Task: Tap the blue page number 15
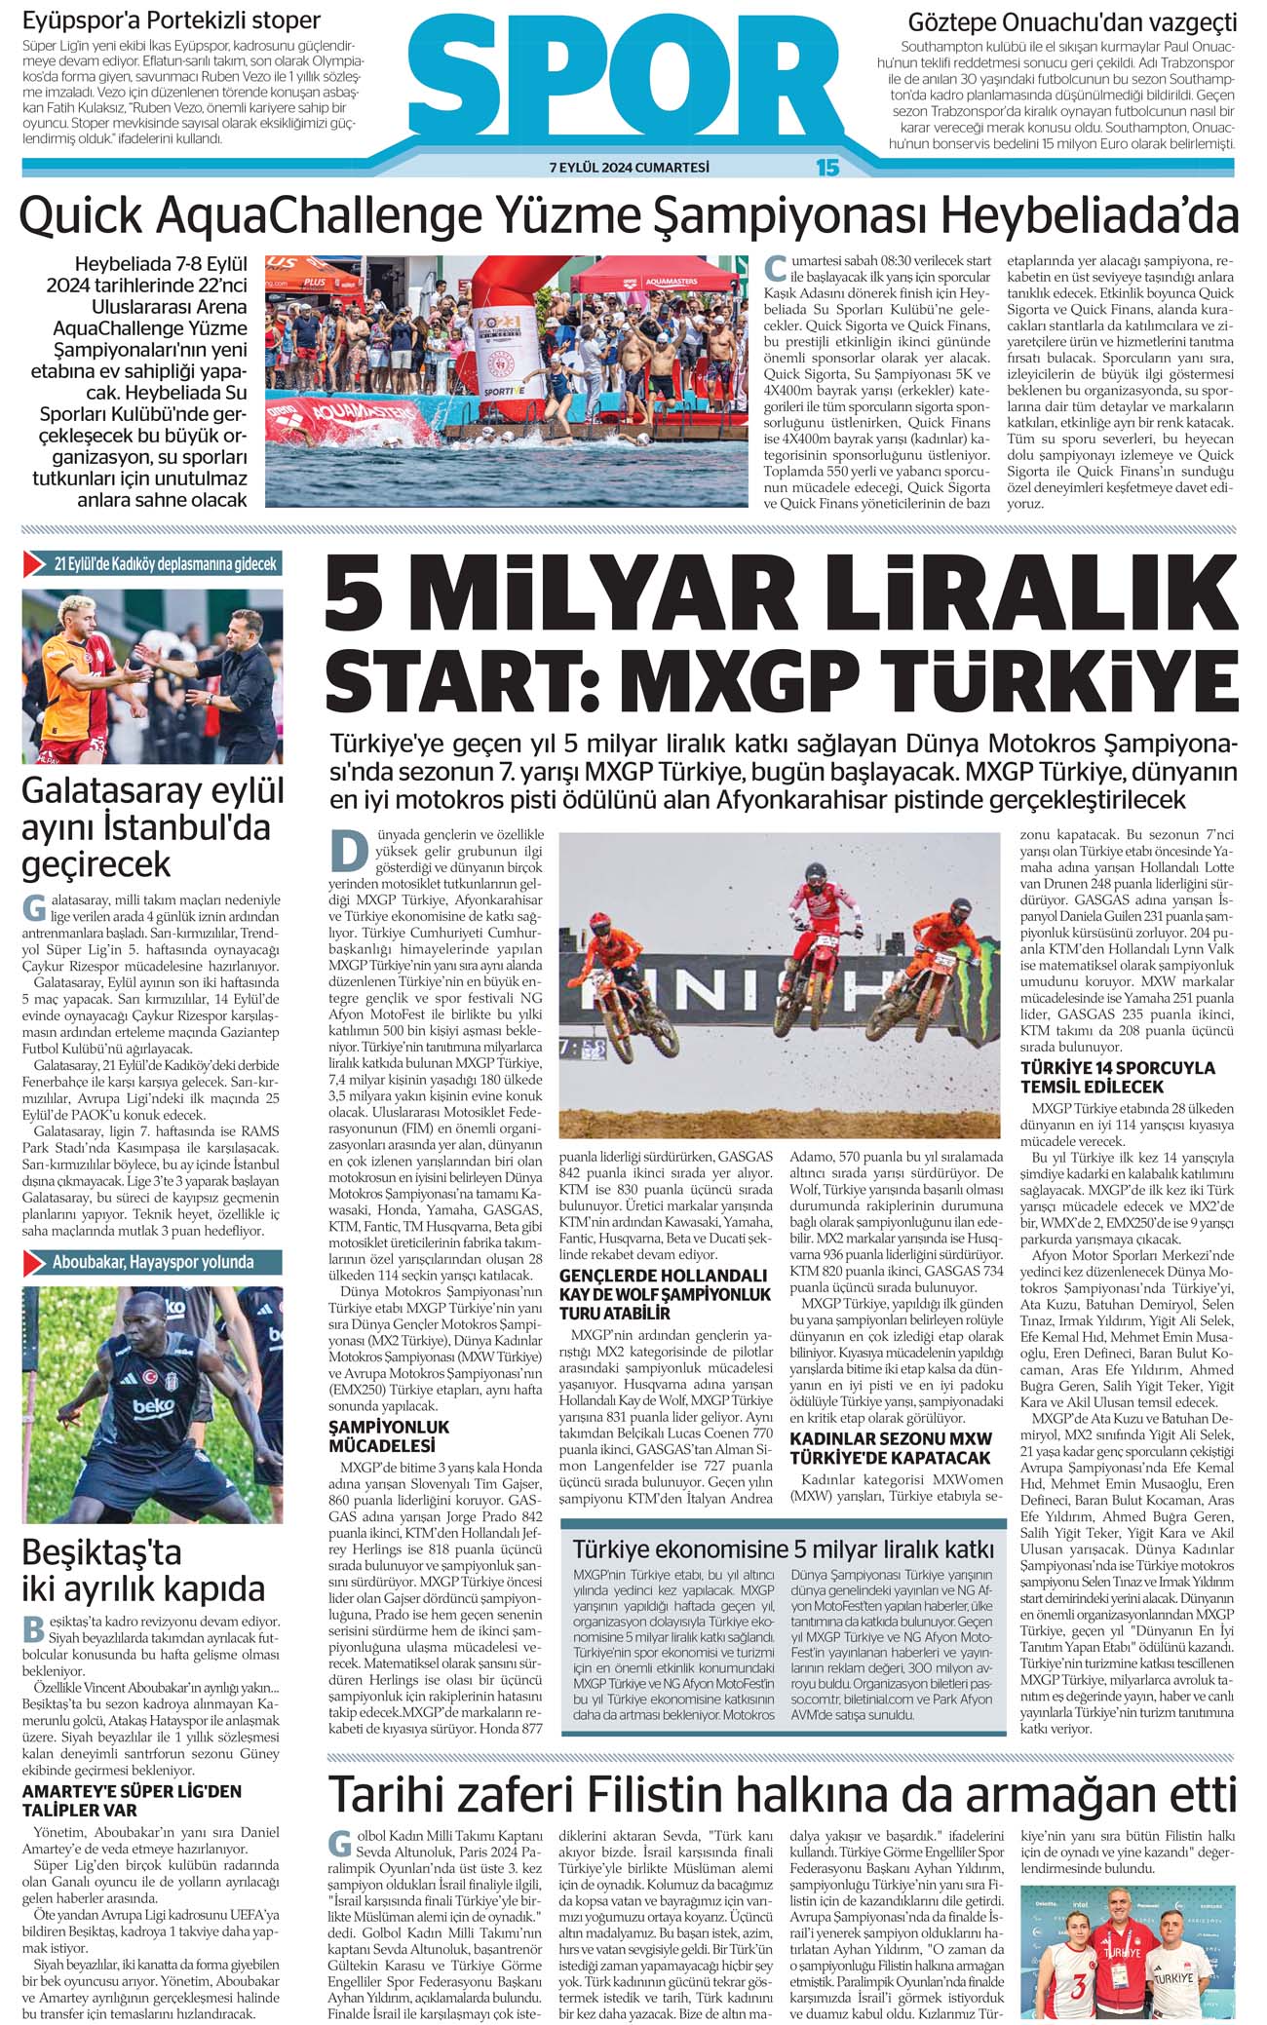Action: click(826, 168)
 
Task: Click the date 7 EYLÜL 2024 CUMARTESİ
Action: click(629, 168)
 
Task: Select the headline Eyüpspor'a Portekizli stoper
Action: click(172, 20)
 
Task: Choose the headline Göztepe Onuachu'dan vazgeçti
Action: click(1072, 21)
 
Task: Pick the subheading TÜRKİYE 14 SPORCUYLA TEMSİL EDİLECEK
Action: click(1118, 1077)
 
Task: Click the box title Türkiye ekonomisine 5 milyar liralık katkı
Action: click(783, 1549)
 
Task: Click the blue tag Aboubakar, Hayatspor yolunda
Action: click(153, 1262)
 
